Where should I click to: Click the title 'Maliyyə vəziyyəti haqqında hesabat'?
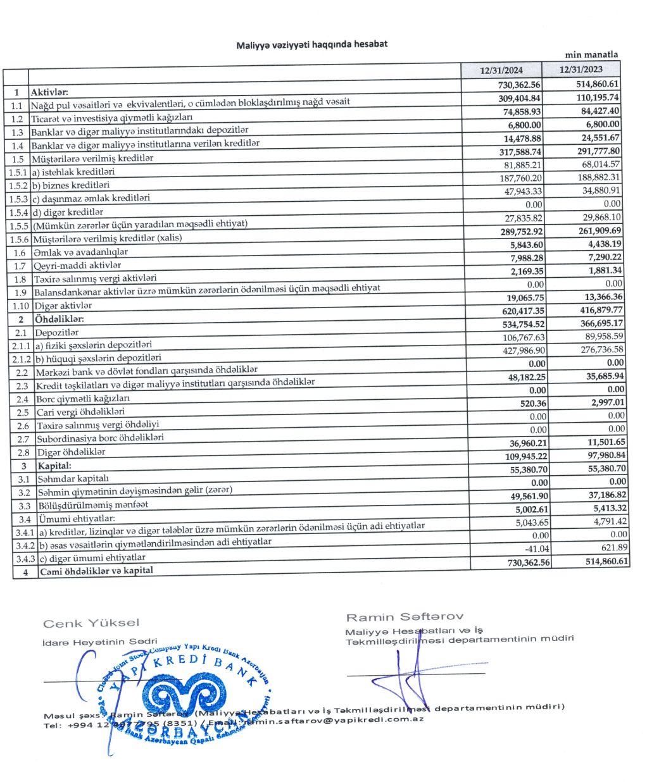tap(311, 44)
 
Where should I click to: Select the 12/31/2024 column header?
tap(501, 70)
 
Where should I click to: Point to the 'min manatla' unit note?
tap(591, 54)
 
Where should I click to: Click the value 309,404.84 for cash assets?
tap(518, 98)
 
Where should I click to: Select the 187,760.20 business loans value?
tap(522, 178)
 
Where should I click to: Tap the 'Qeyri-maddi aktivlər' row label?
tap(76, 266)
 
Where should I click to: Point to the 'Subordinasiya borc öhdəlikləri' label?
tap(99, 438)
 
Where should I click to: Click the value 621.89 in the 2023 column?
tap(606, 547)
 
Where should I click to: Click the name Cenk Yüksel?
tap(91, 624)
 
